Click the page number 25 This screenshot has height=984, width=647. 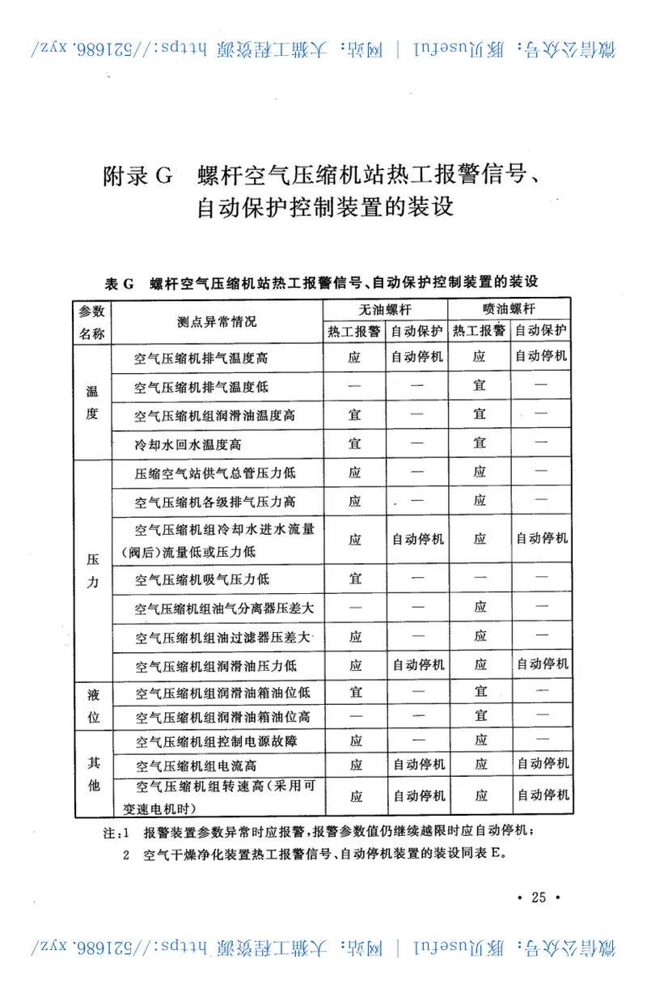tap(538, 897)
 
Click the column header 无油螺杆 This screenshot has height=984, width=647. tap(386, 310)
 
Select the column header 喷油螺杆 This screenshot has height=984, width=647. tap(510, 310)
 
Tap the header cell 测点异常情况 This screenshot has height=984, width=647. tap(217, 321)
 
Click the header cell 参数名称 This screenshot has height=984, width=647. tap(91, 322)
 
